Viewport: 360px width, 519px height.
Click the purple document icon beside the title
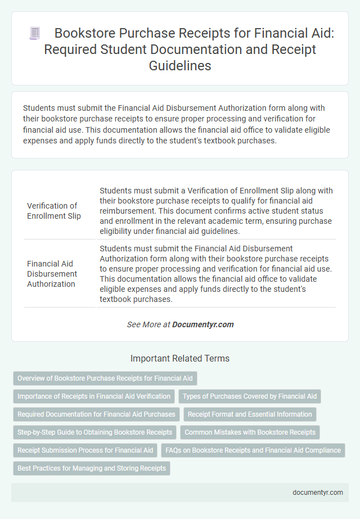click(34, 34)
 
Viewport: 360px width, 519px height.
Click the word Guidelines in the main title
click(180, 66)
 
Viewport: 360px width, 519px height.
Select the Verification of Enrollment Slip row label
click(53, 210)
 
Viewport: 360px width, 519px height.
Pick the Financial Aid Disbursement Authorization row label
click(53, 273)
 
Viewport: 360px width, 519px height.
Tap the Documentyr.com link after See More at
click(202, 324)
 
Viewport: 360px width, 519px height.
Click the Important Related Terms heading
click(180, 358)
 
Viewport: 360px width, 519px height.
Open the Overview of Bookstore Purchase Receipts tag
click(105, 378)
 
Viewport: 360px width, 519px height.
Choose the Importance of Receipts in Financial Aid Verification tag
click(94, 396)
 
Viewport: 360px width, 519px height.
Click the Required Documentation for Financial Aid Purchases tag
click(96, 414)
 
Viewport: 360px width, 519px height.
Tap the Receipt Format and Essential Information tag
click(250, 414)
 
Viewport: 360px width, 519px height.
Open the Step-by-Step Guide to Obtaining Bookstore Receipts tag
click(94, 432)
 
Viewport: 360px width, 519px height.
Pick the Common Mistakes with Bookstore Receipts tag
click(250, 432)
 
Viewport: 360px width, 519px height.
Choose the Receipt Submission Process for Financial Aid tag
click(85, 450)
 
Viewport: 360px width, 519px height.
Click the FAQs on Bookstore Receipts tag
click(253, 450)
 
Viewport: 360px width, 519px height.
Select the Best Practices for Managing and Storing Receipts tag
click(91, 468)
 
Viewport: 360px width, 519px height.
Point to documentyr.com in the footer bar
click(318, 492)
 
